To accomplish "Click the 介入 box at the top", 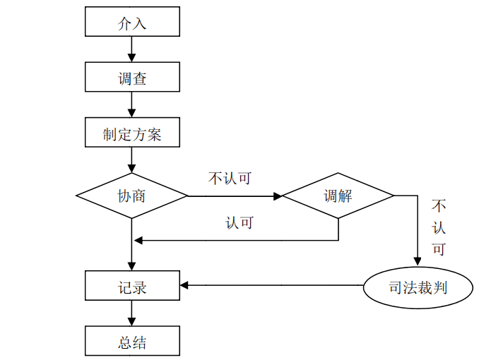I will tap(132, 23).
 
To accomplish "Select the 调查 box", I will tap(132, 77).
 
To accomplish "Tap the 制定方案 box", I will tap(132, 133).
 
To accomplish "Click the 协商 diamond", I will tap(132, 196).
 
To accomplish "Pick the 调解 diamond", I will tap(338, 196).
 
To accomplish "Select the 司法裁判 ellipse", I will tap(418, 287).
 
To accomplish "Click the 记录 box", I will tap(132, 286).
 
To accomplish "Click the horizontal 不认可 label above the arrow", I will tap(230, 178).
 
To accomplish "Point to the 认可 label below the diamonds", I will tap(239, 222).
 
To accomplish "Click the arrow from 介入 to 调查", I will tap(132, 49).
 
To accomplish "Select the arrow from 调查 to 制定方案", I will tap(132, 104).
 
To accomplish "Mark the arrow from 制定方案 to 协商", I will tap(132, 160).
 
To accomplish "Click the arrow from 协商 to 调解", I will tap(235, 196).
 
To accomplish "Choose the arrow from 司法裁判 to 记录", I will tap(272, 286).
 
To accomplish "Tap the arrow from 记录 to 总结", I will tap(132, 313).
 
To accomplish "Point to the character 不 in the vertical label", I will tap(439, 207).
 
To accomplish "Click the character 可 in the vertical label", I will tap(439, 249).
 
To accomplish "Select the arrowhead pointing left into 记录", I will tap(184, 286).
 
